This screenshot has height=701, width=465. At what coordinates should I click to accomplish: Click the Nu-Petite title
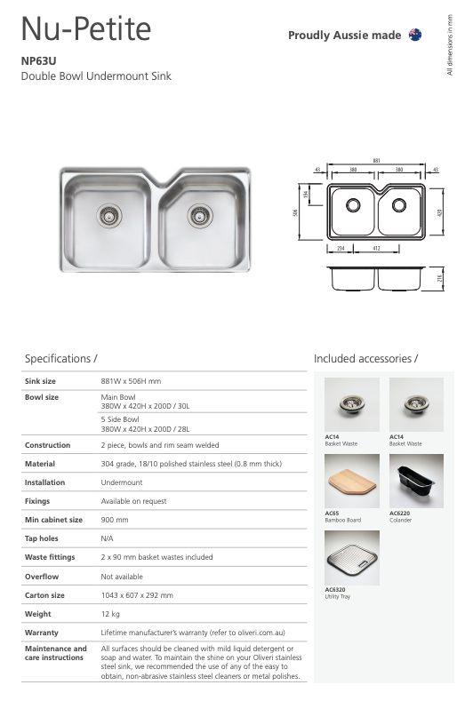[x=86, y=31]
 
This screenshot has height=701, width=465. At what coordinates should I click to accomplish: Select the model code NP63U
[x=39, y=62]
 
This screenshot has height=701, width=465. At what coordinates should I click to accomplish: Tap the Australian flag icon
[x=414, y=35]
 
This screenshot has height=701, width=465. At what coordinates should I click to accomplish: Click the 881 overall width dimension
[x=376, y=161]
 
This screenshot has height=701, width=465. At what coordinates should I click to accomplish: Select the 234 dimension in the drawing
[x=341, y=250]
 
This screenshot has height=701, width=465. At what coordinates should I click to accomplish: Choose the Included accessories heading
[x=365, y=358]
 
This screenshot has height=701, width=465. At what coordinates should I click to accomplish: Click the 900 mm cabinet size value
[x=115, y=520]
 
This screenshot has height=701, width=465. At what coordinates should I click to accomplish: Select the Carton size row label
[x=44, y=595]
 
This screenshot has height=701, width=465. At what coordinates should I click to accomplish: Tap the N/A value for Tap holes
[x=108, y=538]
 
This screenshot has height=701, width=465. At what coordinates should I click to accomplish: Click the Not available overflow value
[x=122, y=577]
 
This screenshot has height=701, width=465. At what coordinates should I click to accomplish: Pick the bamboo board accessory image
[x=352, y=481]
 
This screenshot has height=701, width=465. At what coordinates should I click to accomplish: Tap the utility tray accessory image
[x=352, y=557]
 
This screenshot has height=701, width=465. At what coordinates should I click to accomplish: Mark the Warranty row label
[x=41, y=633]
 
